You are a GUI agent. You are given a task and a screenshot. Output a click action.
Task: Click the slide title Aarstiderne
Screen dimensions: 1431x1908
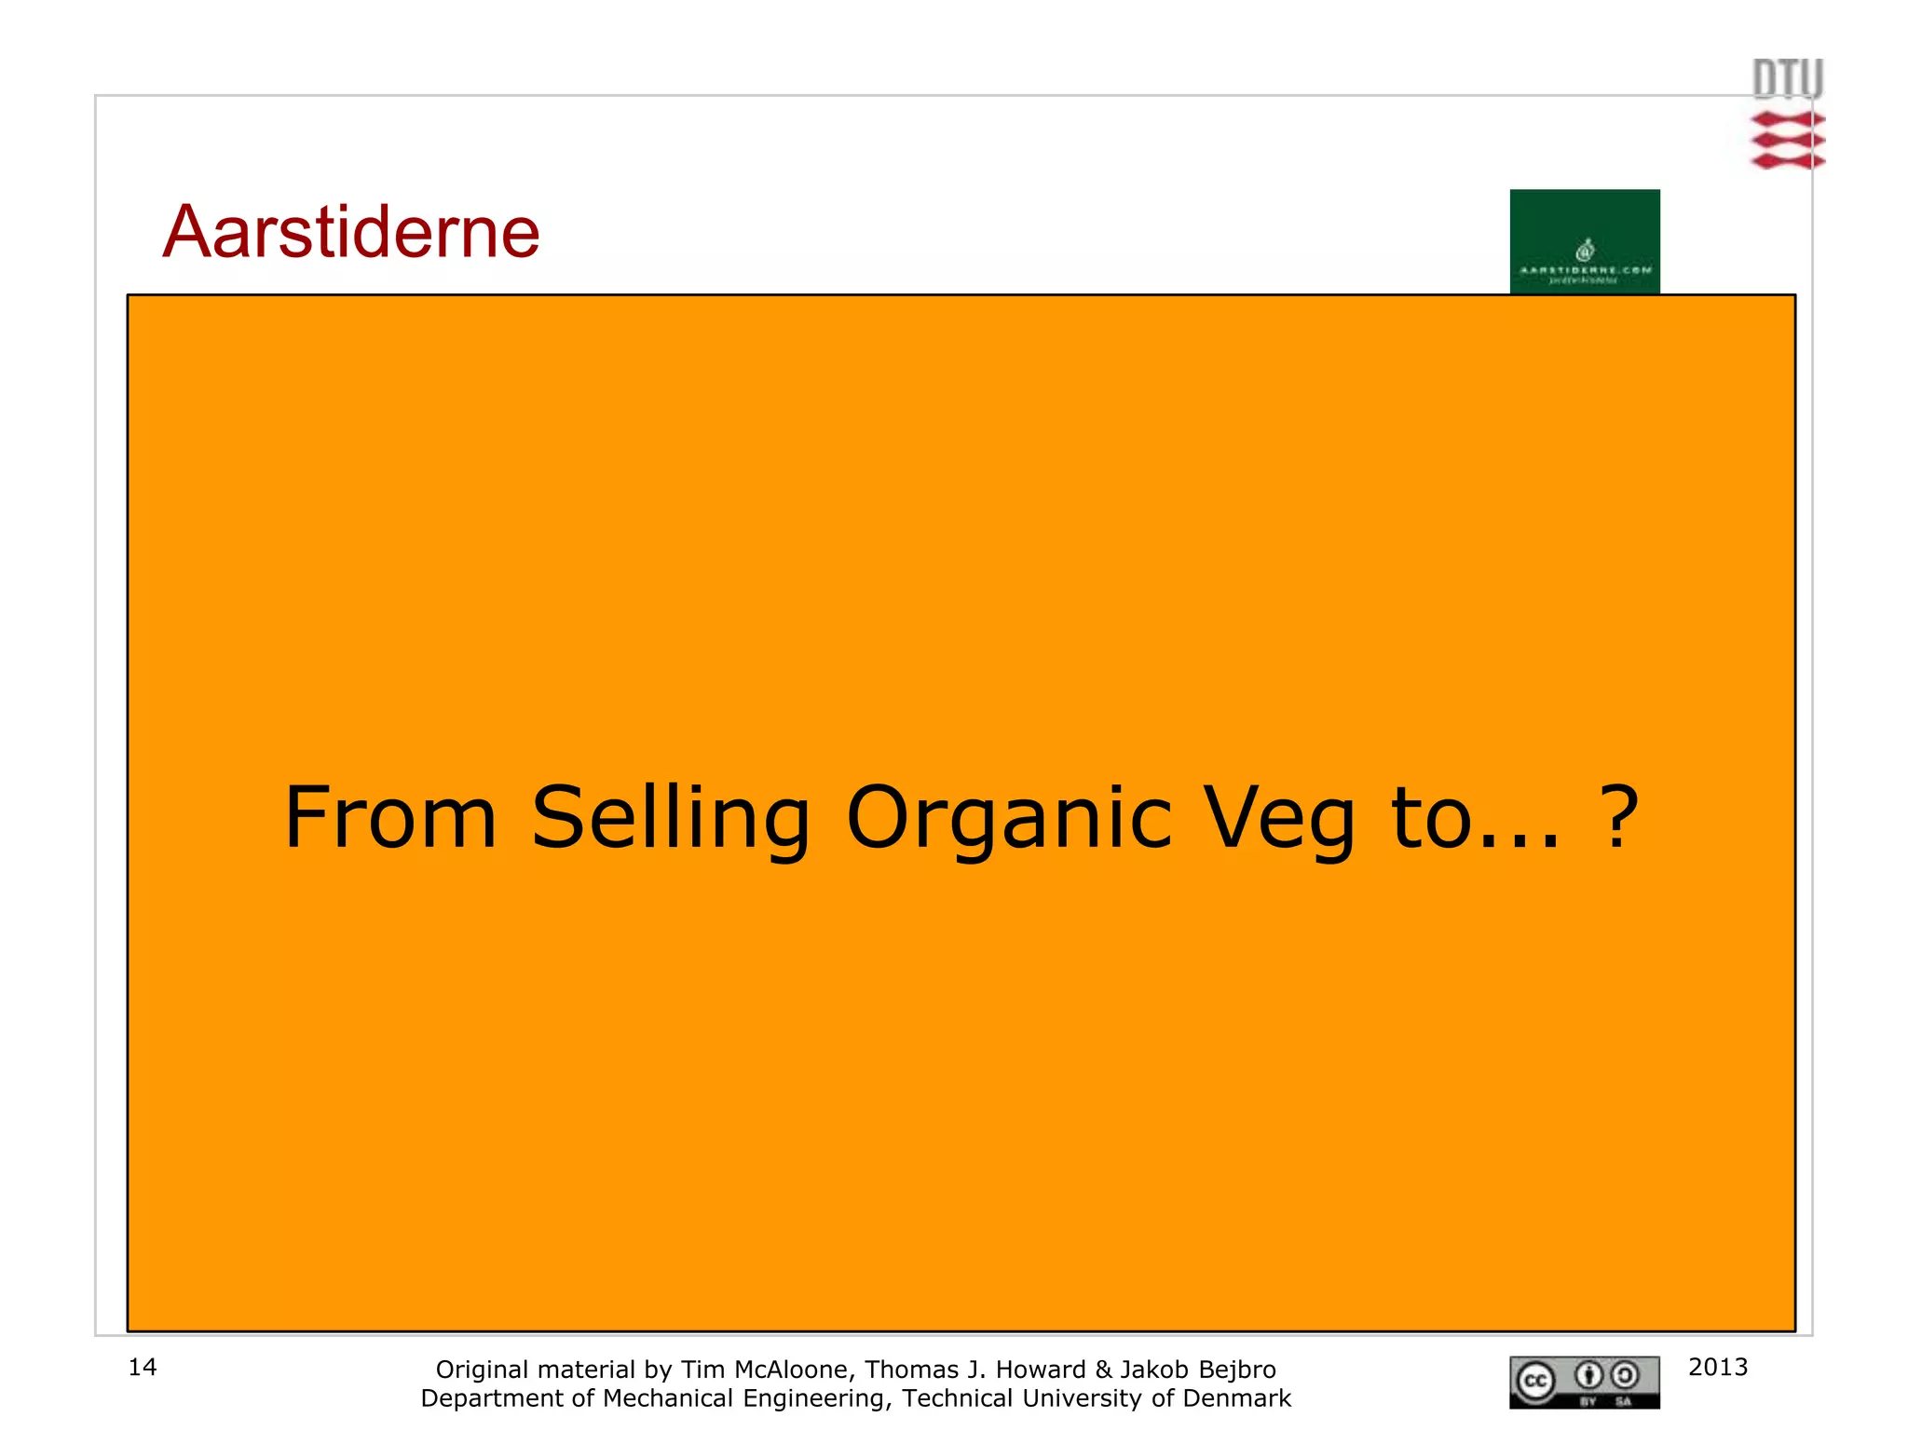click(351, 232)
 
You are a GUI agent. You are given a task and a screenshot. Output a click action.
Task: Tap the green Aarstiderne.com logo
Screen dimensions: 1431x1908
click(1584, 241)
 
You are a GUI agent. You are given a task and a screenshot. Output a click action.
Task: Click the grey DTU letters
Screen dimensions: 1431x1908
click(1787, 79)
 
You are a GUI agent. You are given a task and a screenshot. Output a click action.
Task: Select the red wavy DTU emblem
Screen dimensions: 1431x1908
click(1787, 141)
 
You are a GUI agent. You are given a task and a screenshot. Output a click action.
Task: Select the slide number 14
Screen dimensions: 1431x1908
click(143, 1367)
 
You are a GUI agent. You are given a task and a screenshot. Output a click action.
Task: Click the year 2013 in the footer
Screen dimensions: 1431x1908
click(1718, 1367)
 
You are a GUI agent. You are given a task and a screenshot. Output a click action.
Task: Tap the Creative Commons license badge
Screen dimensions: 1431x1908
click(1584, 1382)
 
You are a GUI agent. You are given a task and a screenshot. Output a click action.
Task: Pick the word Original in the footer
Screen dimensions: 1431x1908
click(483, 1370)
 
